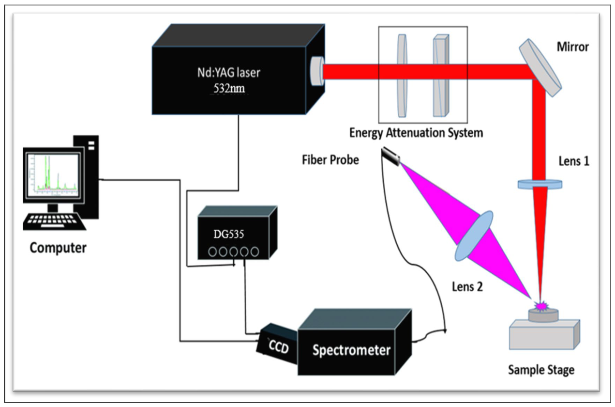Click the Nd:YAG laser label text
click(x=229, y=73)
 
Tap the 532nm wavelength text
click(x=229, y=88)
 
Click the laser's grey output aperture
click(x=317, y=71)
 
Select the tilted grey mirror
click(x=540, y=68)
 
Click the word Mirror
click(x=573, y=47)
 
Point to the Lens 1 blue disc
click(x=540, y=184)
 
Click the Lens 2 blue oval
click(x=474, y=235)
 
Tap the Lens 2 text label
click(x=467, y=286)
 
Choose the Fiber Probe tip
click(x=390, y=156)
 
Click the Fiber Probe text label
click(x=330, y=160)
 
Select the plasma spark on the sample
click(x=541, y=306)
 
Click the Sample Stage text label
click(x=541, y=370)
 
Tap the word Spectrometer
click(x=351, y=350)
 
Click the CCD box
click(x=277, y=344)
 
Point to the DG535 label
click(x=229, y=234)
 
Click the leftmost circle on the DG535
click(x=212, y=252)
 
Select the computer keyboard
click(x=54, y=221)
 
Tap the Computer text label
click(x=58, y=248)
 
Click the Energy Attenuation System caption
click(x=416, y=133)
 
